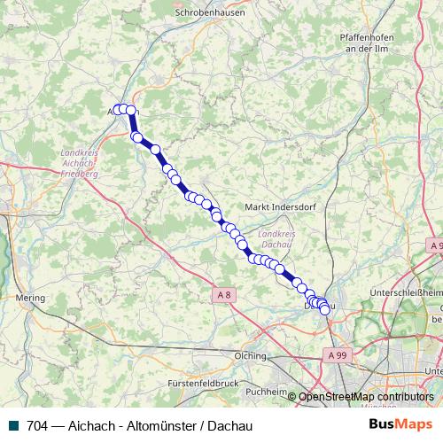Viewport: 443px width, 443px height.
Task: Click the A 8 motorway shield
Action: [x=223, y=293]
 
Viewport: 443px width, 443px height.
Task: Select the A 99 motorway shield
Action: [x=335, y=354]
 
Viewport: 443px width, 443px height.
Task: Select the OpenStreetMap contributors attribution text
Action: [x=366, y=396]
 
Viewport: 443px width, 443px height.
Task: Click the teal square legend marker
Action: [x=12, y=424]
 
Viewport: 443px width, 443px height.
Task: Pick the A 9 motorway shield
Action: [x=435, y=245]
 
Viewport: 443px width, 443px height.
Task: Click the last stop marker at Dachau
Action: [x=324, y=308]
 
